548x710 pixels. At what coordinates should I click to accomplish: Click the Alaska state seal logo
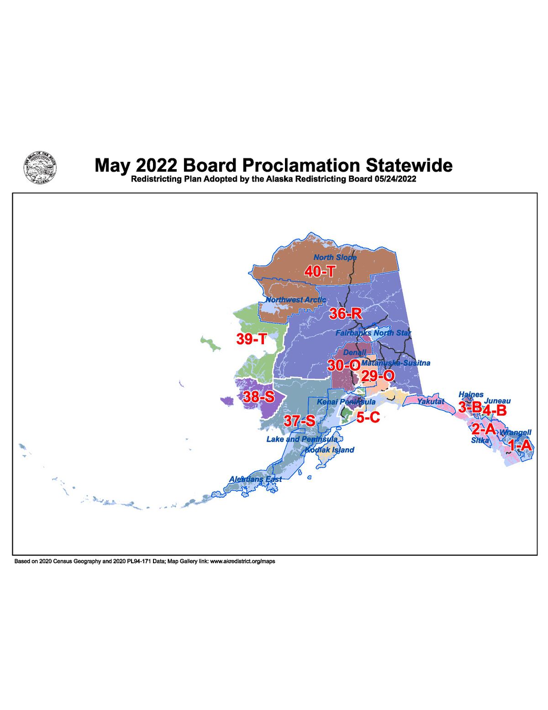coord(40,168)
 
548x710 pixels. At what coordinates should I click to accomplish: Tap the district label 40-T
coord(320,272)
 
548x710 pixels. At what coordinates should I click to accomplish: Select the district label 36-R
coord(345,314)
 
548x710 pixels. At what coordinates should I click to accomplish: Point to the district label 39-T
coord(251,339)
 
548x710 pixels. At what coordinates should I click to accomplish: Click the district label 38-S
coord(258,396)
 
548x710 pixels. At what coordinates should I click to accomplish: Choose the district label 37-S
coord(299,421)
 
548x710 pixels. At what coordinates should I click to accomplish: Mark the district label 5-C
coord(368,417)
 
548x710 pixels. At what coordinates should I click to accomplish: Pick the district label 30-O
coord(343,365)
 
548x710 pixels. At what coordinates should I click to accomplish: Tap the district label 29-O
coord(378,376)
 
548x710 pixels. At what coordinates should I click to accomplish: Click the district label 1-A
coord(520,445)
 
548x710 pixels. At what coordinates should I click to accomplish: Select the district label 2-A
coord(483,429)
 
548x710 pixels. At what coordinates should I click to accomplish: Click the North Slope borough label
coord(335,257)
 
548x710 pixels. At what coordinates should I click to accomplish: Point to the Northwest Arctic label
coord(296,300)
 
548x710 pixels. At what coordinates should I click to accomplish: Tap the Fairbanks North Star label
coord(373,333)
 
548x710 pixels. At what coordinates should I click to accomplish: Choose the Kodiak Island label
coord(329,450)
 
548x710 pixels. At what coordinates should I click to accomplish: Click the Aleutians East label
coord(255,479)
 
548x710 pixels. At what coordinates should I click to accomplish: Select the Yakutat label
coord(431,401)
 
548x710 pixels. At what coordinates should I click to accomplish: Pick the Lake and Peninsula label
coord(302,439)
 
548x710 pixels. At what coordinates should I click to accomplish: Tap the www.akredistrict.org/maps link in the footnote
coord(242,561)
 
